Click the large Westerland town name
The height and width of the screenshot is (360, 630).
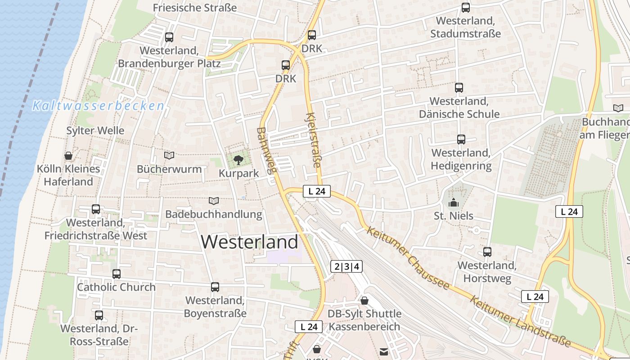click(249, 242)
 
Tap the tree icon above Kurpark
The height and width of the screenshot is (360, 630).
click(238, 159)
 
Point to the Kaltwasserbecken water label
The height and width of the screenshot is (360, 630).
click(98, 106)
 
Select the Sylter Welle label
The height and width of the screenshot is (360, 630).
click(95, 131)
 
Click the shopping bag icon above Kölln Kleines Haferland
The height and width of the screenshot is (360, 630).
click(68, 156)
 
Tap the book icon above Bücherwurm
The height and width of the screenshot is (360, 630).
click(169, 155)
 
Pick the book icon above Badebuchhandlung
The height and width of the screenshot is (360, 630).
click(214, 201)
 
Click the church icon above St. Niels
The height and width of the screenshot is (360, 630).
click(454, 202)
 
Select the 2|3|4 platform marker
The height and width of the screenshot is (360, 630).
click(346, 266)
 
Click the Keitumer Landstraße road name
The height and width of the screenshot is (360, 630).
click(520, 321)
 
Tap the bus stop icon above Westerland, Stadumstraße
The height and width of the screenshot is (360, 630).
click(465, 8)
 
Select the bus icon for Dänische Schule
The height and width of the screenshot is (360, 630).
click(459, 88)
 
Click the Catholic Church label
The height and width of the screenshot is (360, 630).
click(116, 287)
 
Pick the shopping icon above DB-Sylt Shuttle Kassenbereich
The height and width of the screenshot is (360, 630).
click(364, 300)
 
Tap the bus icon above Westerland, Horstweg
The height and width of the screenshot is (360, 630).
click(487, 252)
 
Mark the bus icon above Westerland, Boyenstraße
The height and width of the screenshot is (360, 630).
click(215, 287)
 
